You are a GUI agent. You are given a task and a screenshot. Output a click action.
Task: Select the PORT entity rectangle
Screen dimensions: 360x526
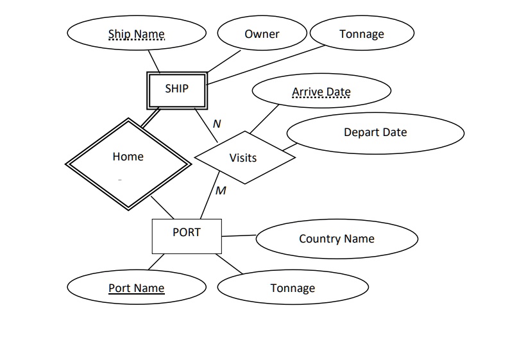click(187, 236)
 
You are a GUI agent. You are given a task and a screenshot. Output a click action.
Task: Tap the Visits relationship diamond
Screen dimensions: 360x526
click(244, 157)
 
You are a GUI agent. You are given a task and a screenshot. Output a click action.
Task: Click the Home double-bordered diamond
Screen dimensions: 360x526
click(128, 163)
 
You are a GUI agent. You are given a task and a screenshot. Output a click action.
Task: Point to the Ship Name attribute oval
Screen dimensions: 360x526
click(137, 34)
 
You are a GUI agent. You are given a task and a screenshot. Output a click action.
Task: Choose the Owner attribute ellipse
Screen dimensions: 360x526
click(262, 34)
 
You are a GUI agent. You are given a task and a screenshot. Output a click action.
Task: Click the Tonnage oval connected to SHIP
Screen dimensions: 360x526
click(362, 34)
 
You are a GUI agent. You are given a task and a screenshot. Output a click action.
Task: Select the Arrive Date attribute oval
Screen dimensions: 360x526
click(321, 92)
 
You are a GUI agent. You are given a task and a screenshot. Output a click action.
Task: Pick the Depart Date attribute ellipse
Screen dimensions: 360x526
click(375, 133)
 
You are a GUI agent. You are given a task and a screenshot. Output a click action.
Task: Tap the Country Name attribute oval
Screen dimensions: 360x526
click(337, 239)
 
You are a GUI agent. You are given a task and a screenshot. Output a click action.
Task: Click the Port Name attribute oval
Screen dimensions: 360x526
click(137, 288)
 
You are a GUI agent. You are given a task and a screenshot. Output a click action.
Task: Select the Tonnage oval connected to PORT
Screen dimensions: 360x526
click(293, 288)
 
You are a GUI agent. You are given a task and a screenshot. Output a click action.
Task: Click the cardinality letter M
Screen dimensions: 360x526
click(221, 191)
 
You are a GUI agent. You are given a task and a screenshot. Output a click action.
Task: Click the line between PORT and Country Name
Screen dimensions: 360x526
click(239, 236)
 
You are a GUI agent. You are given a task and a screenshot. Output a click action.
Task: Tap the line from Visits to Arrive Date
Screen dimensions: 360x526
click(265, 119)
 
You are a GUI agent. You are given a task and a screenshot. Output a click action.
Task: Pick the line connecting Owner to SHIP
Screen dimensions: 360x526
click(224, 62)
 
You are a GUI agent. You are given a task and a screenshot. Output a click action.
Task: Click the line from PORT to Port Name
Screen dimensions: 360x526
click(156, 262)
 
